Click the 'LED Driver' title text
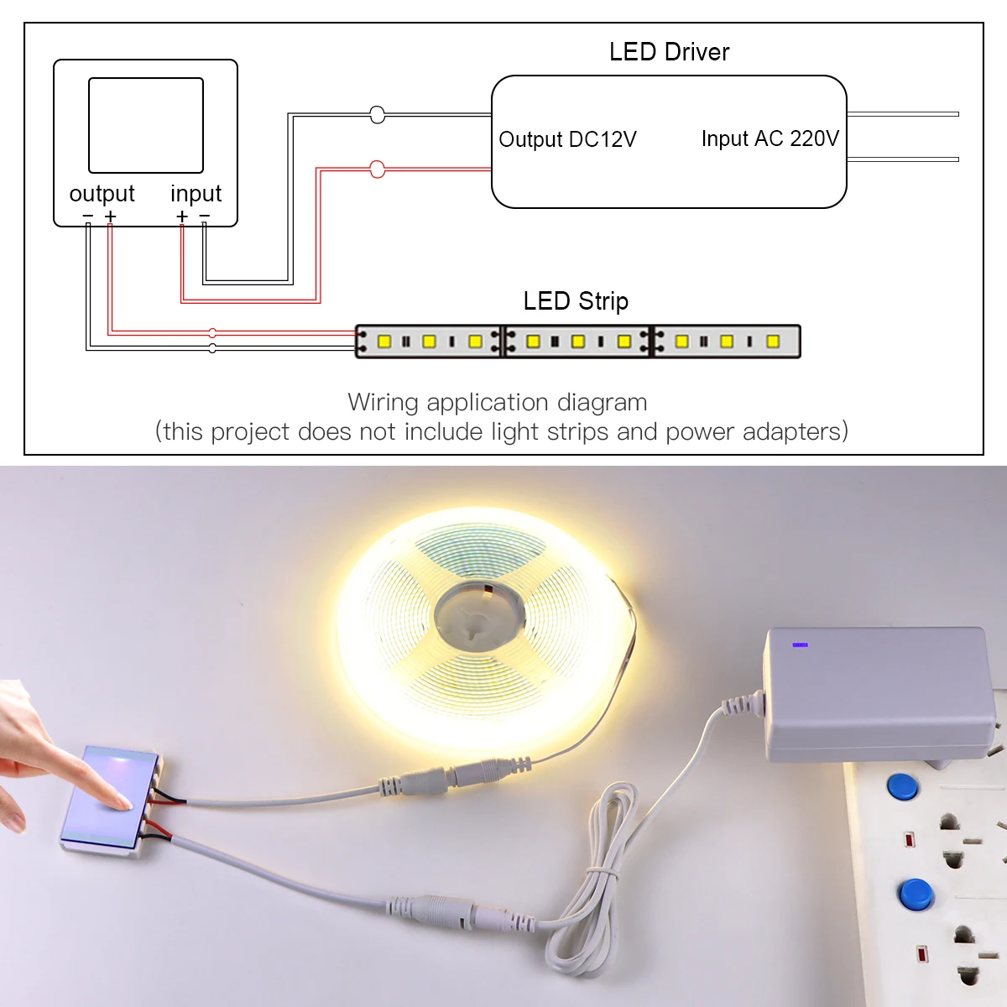[669, 52]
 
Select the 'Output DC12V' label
[567, 139]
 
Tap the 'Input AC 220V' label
[770, 138]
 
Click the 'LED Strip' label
[576, 300]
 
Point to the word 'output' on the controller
[102, 194]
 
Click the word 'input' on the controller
[196, 194]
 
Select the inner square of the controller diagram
[146, 125]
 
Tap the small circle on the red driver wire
[378, 170]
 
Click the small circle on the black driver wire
[378, 115]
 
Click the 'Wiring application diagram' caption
[498, 403]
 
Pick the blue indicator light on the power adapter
[800, 644]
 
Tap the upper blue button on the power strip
[903, 786]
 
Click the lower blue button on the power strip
[915, 894]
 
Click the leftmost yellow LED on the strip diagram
[384, 342]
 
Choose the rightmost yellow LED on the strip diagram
[773, 342]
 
